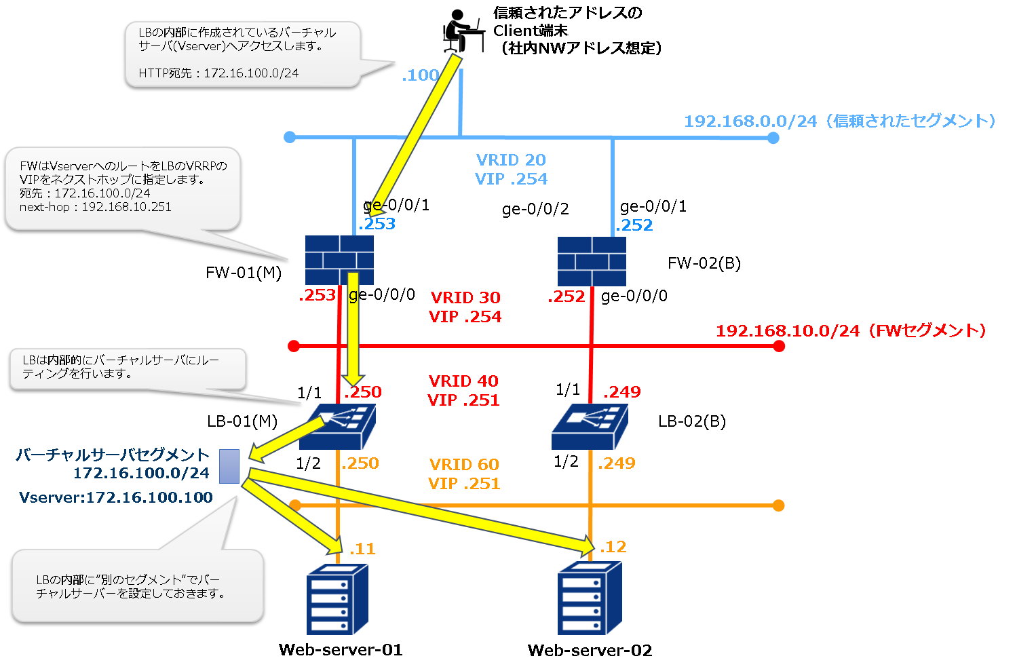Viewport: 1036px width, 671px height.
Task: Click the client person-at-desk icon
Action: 463,31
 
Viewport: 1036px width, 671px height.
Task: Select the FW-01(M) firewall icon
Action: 339,260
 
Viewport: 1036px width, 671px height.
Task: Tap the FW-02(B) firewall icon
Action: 592,261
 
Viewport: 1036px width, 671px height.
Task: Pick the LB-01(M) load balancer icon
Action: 337,427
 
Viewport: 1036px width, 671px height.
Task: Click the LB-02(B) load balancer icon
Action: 590,427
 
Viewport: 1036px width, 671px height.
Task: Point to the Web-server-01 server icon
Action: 337,599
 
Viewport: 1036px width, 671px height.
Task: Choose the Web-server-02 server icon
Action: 590,598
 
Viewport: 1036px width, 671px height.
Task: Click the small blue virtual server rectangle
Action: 229,466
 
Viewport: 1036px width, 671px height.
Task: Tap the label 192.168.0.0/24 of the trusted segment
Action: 750,121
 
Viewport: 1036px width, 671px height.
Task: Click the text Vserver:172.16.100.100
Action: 116,497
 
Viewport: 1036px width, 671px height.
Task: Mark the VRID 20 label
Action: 511,160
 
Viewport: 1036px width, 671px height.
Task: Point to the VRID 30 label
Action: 465,298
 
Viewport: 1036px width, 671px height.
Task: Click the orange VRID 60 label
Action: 464,465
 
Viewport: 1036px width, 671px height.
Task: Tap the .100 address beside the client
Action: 420,75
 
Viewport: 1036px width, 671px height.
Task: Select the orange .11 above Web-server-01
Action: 362,549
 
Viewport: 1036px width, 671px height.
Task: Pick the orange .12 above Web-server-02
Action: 613,547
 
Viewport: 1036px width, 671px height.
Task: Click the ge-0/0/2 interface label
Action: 535,209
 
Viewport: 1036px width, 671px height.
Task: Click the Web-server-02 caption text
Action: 590,651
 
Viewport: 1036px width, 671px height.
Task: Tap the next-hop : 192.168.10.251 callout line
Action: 95,207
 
